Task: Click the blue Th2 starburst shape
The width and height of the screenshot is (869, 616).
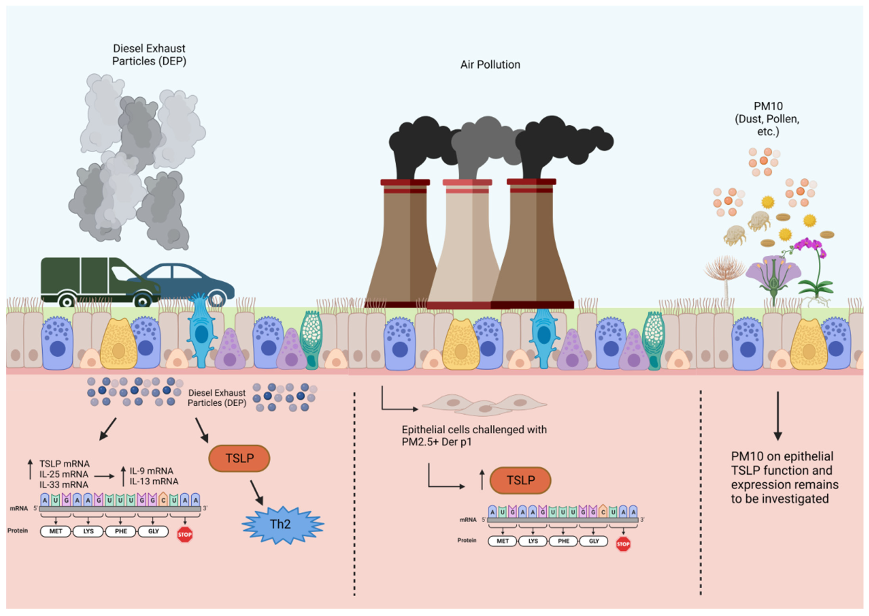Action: click(282, 525)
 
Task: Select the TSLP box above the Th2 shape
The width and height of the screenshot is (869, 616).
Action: click(239, 458)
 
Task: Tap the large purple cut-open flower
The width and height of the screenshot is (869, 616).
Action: click(773, 273)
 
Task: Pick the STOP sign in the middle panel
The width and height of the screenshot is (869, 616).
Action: click(623, 544)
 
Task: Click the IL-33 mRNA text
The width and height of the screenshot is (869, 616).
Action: click(64, 485)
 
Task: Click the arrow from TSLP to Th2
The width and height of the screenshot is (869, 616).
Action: click(257, 492)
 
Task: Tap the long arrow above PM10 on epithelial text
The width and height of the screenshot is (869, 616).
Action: click(778, 415)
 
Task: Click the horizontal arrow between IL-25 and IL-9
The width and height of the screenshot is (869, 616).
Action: click(104, 476)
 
